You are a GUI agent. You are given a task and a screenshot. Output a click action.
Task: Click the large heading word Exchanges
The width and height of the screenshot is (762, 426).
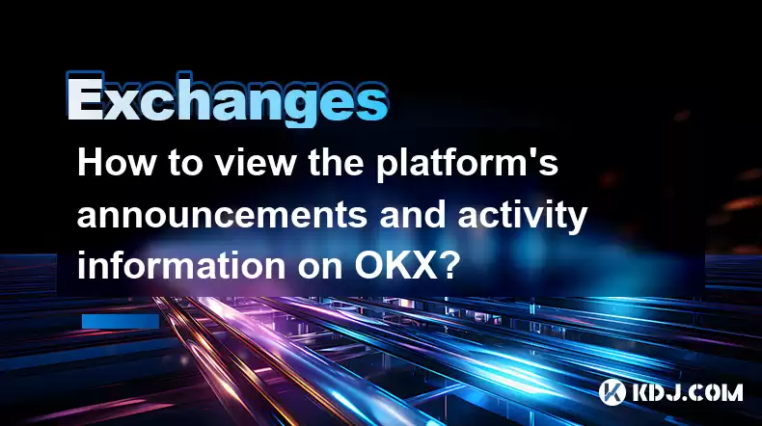pos(227,100)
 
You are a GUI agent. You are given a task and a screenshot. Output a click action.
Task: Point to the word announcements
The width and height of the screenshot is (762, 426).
pos(222,215)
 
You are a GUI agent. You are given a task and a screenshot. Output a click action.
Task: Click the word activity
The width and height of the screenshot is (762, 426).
pos(523,216)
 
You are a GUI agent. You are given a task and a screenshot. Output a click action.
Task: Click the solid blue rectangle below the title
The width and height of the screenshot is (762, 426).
pos(121,321)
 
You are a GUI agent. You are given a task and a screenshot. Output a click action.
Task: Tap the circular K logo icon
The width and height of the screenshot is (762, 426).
pos(612,392)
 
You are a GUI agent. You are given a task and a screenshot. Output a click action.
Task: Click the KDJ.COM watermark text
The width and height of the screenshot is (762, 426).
pos(687,392)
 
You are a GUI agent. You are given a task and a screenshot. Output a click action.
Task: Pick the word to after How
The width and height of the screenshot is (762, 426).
pos(185,164)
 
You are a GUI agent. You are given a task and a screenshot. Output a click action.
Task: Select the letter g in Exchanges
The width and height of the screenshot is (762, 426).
pos(290,106)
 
